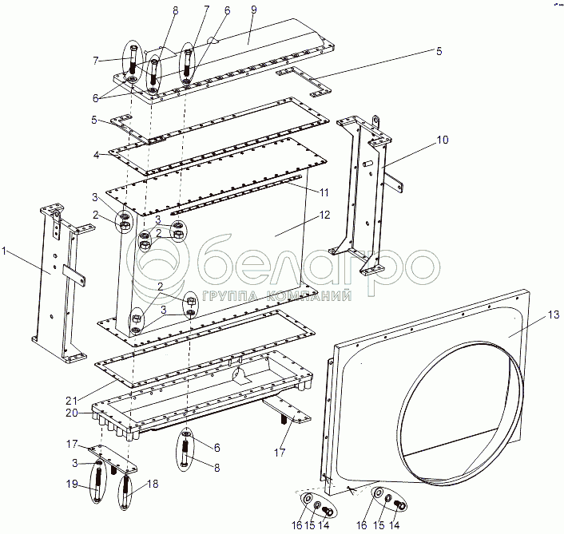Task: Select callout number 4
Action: pyautogui.click(x=96, y=154)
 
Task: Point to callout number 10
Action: pyautogui.click(x=442, y=140)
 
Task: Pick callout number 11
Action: pyautogui.click(x=324, y=193)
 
